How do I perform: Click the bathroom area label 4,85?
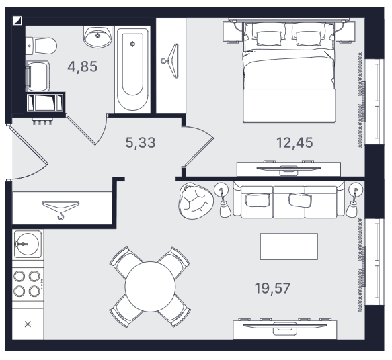pyautogui.click(x=82, y=66)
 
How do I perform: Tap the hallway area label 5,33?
pyautogui.click(x=141, y=142)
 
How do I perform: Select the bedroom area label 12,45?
pyautogui.click(x=295, y=143)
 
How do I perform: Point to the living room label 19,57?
pyautogui.click(x=272, y=288)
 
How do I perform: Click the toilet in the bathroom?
pyautogui.click(x=42, y=46)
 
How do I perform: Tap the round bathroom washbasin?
pyautogui.click(x=97, y=36)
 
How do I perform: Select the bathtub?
pyautogui.click(x=132, y=70)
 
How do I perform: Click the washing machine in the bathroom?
pyautogui.click(x=38, y=77)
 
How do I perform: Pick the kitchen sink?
pyautogui.click(x=28, y=244)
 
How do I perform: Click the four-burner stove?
pyautogui.click(x=28, y=284)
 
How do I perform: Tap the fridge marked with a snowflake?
pyautogui.click(x=28, y=324)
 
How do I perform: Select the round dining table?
pyautogui.click(x=150, y=287)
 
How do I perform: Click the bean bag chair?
pyautogui.click(x=196, y=201)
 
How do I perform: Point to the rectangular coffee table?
pyautogui.click(x=289, y=246)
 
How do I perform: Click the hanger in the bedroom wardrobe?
pyautogui.click(x=171, y=61)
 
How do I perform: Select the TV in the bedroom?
pyautogui.click(x=288, y=169)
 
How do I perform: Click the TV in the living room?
pyautogui.click(x=285, y=326)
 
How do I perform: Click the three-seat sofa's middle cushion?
pyautogui.click(x=289, y=201)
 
